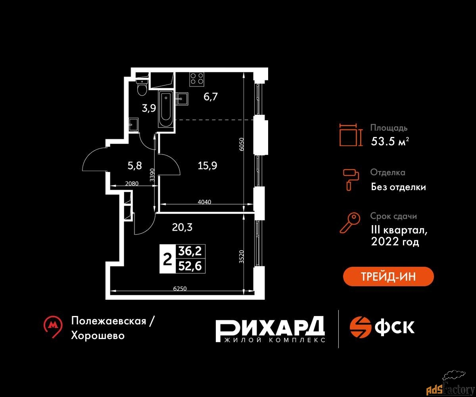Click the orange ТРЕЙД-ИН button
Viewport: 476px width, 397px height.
tap(388, 276)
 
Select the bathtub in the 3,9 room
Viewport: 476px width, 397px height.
tap(165, 109)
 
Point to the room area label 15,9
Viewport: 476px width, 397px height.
tap(207, 166)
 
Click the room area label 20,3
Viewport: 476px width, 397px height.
tap(182, 227)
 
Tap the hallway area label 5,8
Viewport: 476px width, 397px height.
tap(135, 166)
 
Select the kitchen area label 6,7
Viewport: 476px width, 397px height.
tap(211, 96)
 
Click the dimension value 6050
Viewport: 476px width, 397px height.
tap(242, 144)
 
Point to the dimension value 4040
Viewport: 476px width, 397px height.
tap(205, 202)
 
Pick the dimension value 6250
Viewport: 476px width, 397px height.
tap(180, 289)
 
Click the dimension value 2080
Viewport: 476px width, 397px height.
tap(132, 183)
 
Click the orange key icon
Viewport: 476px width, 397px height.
tap(350, 223)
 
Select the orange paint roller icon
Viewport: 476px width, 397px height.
tap(351, 180)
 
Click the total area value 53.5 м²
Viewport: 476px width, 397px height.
tap(390, 141)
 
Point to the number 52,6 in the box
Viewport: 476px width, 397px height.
tap(190, 266)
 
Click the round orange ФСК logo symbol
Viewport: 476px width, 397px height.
tap(360, 327)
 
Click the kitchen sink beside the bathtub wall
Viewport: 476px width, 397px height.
tap(182, 99)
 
